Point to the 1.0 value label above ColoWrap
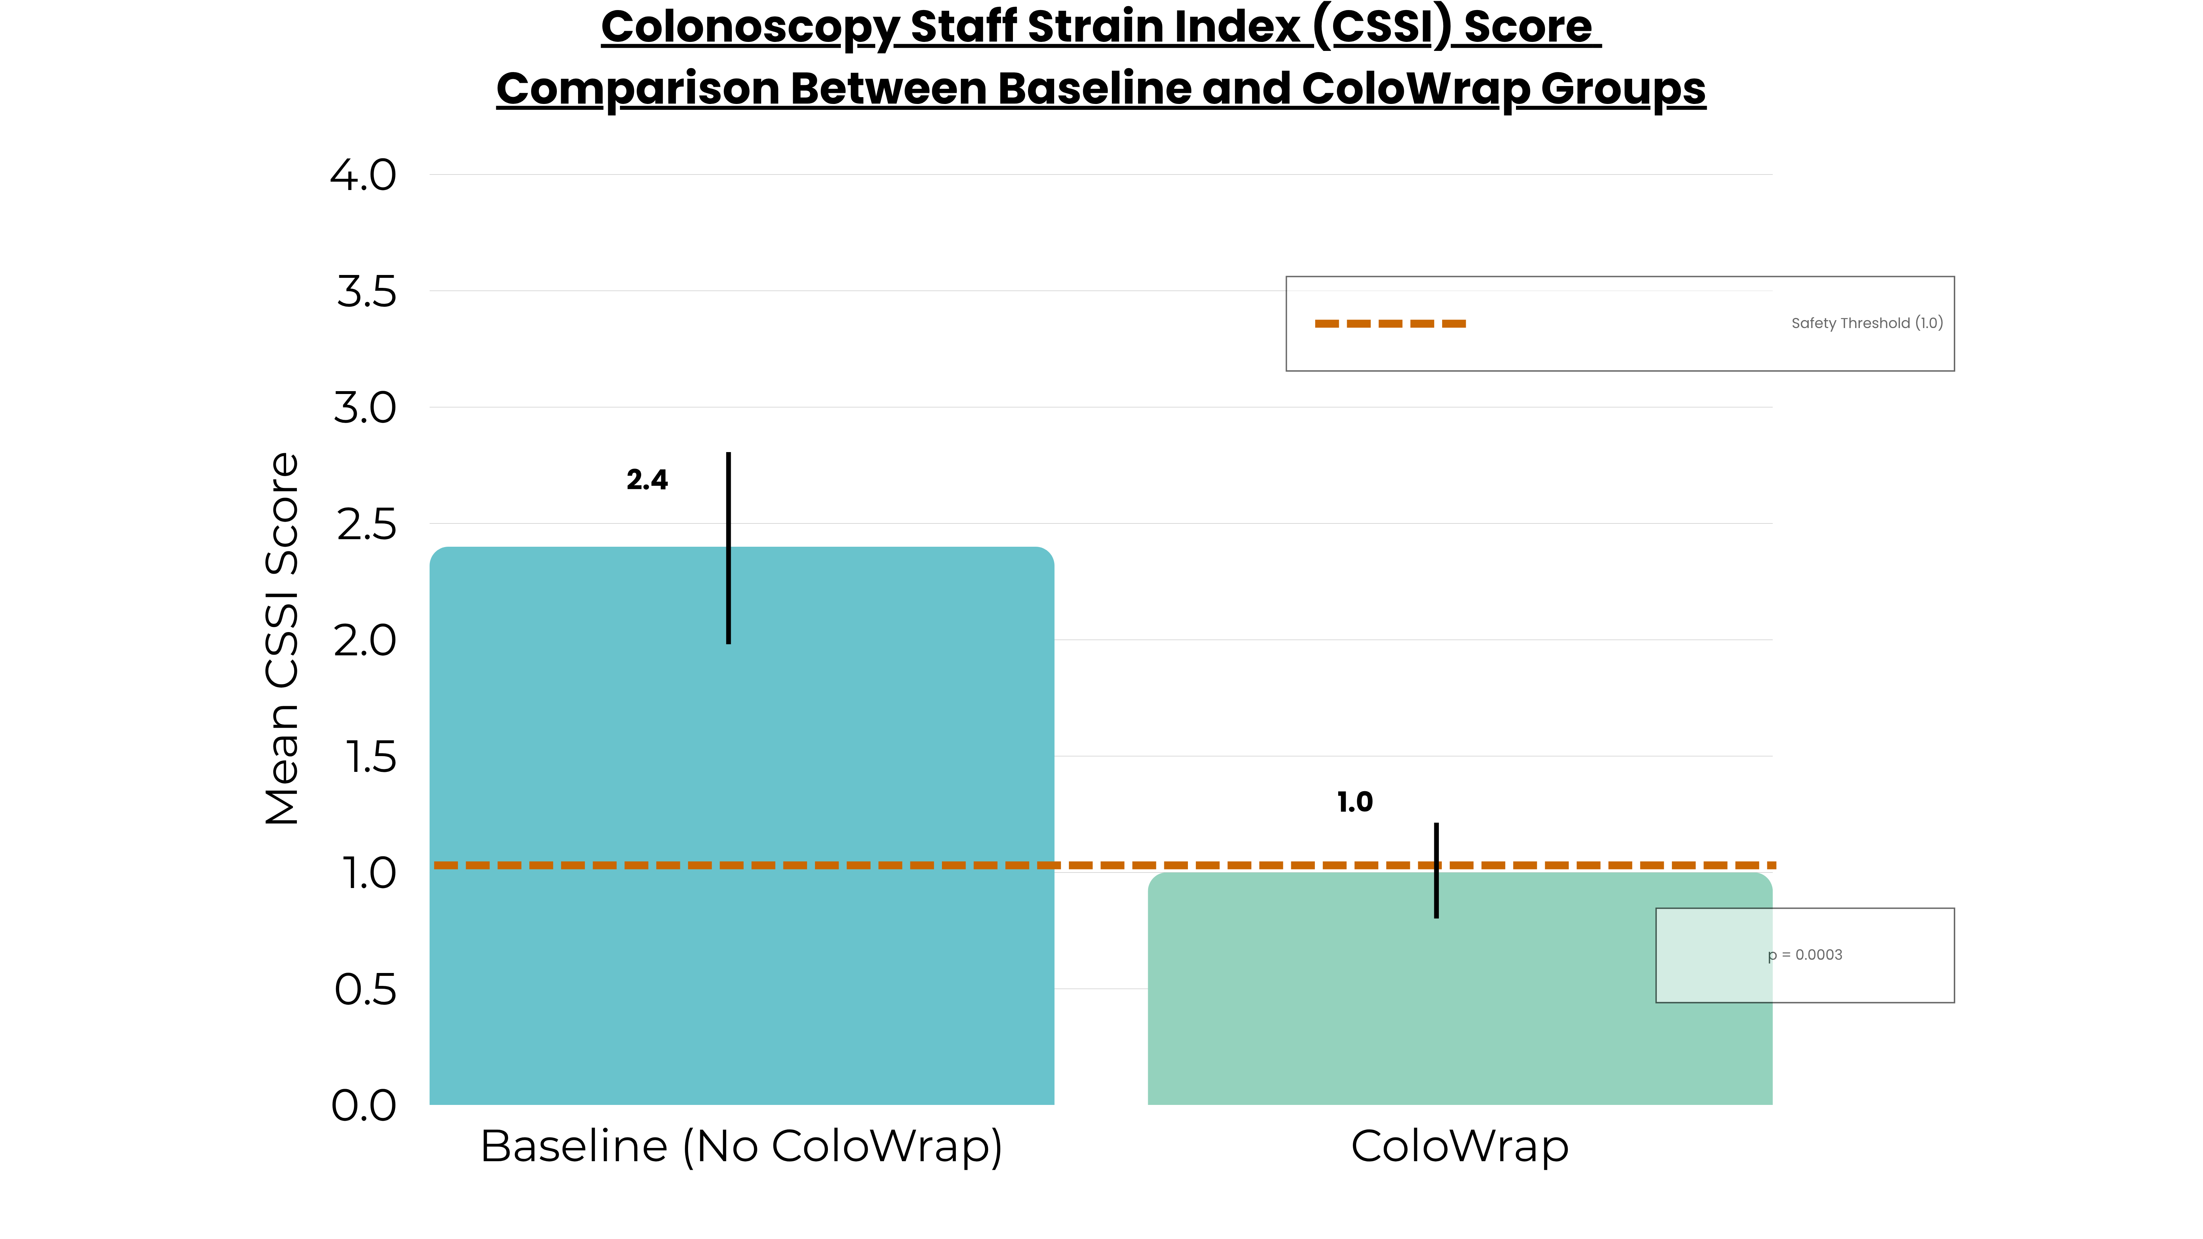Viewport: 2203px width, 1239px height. tap(1355, 802)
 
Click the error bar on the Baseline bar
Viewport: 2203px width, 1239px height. tap(729, 547)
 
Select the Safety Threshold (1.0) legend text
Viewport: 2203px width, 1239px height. tap(1867, 323)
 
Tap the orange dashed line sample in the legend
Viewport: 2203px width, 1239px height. tap(1390, 323)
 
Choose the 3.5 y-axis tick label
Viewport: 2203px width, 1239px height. tap(366, 293)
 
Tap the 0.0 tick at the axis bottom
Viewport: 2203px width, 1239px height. tap(364, 1106)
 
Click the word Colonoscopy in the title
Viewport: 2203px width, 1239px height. tap(749, 27)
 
